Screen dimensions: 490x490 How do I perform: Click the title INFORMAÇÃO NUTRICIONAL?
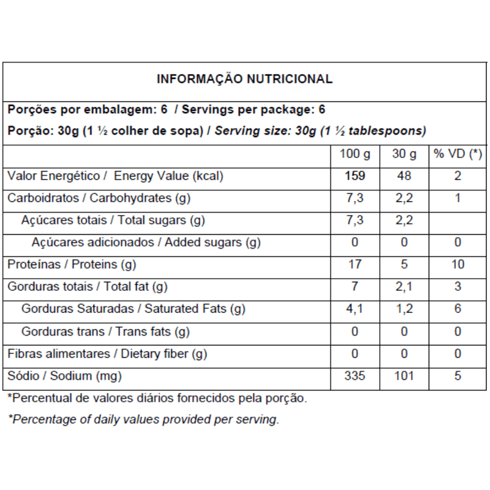pyautogui.click(x=245, y=79)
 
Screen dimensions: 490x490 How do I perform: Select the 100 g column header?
pyautogui.click(x=355, y=154)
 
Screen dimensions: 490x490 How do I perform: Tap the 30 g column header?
pyautogui.click(x=404, y=154)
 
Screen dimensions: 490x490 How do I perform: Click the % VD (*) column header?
pyautogui.click(x=458, y=154)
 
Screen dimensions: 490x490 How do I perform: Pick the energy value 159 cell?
pyautogui.click(x=355, y=176)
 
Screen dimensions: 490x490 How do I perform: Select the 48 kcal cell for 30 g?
pyautogui.click(x=404, y=176)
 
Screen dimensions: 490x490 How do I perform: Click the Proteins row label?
pyautogui.click(x=71, y=265)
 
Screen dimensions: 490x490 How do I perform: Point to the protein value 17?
pyautogui.click(x=355, y=265)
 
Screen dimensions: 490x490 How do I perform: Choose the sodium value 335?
pyautogui.click(x=355, y=375)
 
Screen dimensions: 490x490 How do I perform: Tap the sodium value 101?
pyautogui.click(x=404, y=375)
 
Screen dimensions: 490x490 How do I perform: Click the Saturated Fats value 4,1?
pyautogui.click(x=355, y=309)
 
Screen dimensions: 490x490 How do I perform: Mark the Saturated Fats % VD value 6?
pyautogui.click(x=458, y=309)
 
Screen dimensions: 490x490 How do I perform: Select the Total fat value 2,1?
pyautogui.click(x=404, y=287)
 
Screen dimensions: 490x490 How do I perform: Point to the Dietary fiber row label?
pyautogui.click(x=107, y=354)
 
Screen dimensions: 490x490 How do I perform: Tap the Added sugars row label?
pyautogui.click(x=146, y=243)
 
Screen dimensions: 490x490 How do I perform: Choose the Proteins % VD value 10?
pyautogui.click(x=458, y=265)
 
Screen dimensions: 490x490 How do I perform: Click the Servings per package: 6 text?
pyautogui.click(x=254, y=110)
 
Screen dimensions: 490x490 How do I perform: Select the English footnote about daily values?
pyautogui.click(x=143, y=420)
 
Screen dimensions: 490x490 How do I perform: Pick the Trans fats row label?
pyautogui.click(x=105, y=332)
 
